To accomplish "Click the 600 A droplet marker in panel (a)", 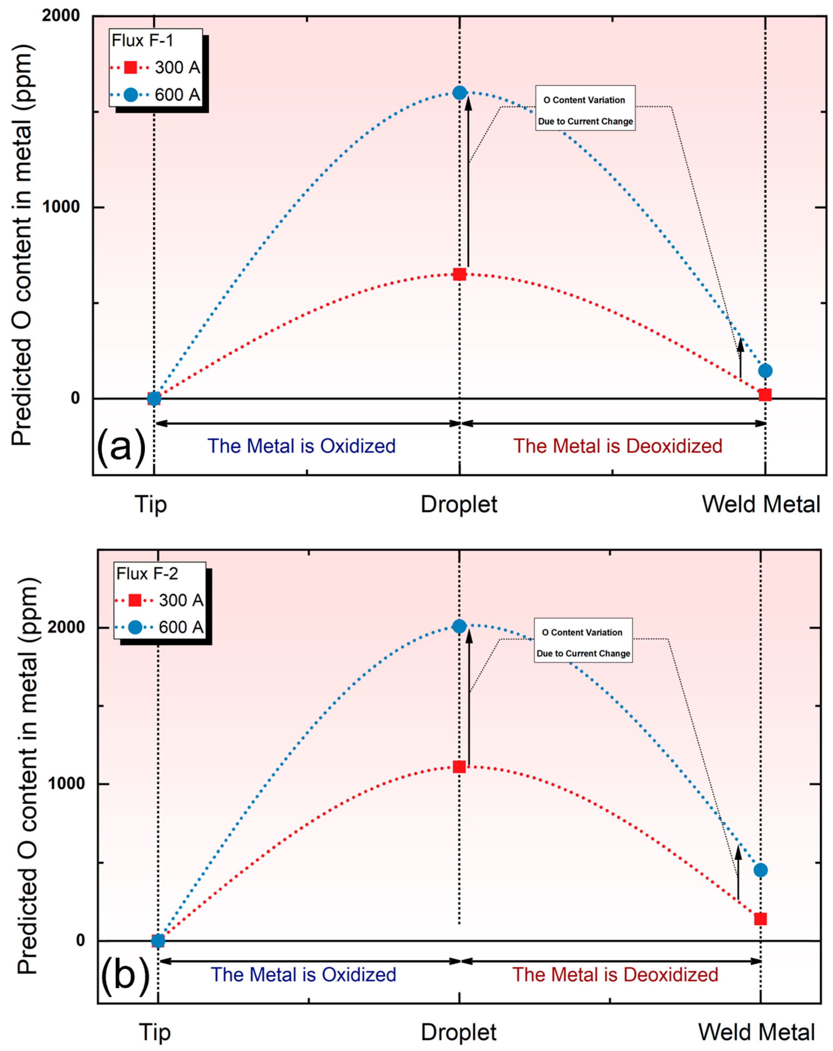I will pos(460,93).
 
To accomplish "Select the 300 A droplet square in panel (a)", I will pos(459,274).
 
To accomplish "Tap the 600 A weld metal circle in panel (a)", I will pos(765,371).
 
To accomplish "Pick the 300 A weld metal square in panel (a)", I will pos(765,395).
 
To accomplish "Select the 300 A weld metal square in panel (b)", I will pos(760,919).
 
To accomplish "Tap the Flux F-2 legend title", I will pos(147,574).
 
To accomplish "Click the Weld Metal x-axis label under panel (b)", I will pos(757,1032).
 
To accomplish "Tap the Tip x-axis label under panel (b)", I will pos(155,1032).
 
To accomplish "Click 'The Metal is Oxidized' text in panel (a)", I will pos(301,446).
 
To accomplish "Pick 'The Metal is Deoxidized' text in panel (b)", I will pos(615,975).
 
